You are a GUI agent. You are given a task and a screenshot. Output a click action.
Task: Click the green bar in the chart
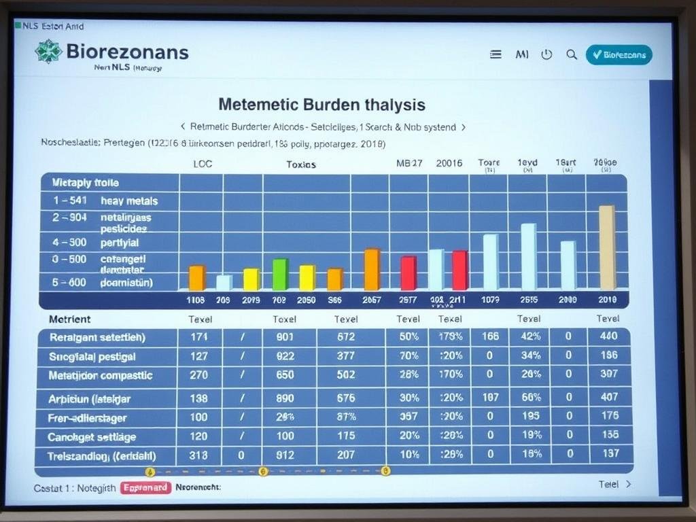click(280, 275)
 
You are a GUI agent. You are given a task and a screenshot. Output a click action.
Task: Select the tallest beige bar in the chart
click(607, 248)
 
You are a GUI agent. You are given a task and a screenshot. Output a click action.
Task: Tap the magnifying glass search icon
click(572, 55)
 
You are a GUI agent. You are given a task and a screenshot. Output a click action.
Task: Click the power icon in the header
click(546, 55)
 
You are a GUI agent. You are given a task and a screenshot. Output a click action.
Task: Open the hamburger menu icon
click(495, 55)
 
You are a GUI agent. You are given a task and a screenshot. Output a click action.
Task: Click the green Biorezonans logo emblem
click(48, 52)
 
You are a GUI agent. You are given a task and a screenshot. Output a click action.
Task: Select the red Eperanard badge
click(145, 487)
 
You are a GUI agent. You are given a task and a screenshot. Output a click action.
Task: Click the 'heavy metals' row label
click(129, 201)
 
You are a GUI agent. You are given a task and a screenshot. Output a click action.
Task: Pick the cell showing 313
click(199, 455)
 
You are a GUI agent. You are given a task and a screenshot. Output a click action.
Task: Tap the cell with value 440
click(609, 336)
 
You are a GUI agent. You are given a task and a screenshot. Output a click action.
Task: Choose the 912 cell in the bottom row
click(285, 455)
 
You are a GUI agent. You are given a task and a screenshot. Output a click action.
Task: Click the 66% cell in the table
click(530, 397)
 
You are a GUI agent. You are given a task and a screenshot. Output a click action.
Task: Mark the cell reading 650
click(285, 375)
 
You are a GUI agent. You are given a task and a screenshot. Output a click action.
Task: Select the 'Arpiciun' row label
click(89, 398)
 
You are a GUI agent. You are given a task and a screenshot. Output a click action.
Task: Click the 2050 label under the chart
click(306, 300)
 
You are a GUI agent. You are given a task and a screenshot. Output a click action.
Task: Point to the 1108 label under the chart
click(196, 300)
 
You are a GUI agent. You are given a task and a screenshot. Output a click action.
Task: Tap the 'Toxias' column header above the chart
click(300, 164)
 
